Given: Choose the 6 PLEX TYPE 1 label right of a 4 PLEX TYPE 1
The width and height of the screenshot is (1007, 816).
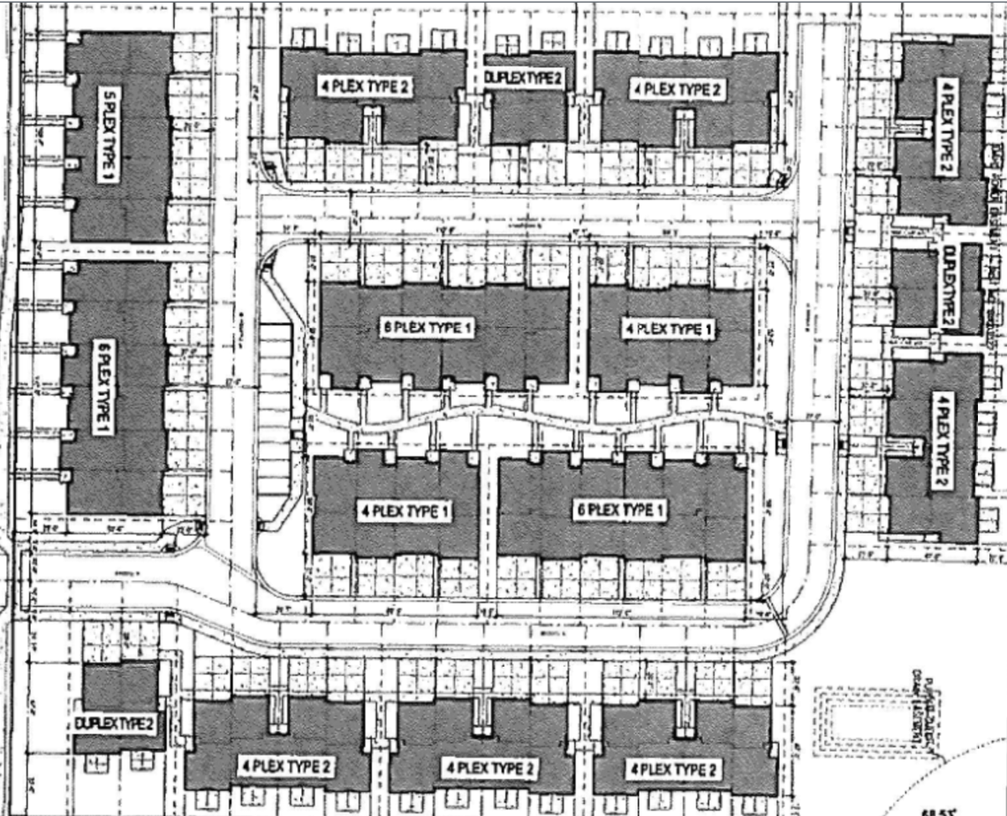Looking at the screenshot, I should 618,510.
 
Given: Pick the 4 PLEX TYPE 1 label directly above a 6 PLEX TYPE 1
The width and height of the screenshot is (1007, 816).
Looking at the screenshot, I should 669,329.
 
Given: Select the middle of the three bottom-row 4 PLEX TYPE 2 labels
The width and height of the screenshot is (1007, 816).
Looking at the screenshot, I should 488,767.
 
